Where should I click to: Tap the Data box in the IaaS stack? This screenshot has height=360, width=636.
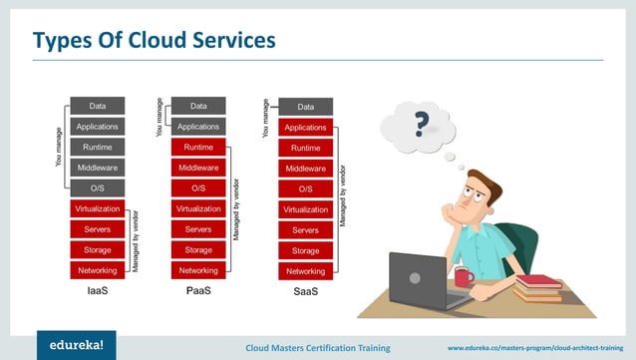click(97, 106)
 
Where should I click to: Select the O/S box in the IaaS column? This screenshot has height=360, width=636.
click(97, 188)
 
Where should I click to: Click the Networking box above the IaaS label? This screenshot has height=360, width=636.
click(97, 270)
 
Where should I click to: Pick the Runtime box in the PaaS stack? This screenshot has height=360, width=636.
click(198, 147)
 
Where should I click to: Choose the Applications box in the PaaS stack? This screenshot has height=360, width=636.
click(198, 127)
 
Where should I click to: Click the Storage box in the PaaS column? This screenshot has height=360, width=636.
click(198, 250)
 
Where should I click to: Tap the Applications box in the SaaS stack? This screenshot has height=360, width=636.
click(305, 128)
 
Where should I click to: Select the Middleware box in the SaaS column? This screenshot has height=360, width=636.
click(305, 169)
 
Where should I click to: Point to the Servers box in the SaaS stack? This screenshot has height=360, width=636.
click(305, 230)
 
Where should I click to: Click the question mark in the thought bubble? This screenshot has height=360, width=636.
click(422, 125)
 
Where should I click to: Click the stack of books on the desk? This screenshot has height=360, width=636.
click(538, 288)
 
